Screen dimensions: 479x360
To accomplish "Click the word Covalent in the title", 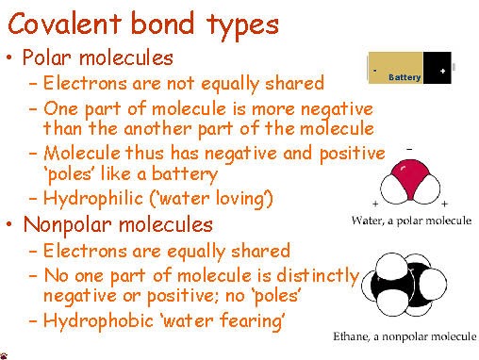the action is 65,24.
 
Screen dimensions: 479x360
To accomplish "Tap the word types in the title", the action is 242,26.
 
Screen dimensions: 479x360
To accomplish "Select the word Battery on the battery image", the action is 405,77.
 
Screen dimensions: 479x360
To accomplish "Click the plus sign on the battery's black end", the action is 442,71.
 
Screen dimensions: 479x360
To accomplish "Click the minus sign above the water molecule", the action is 409,149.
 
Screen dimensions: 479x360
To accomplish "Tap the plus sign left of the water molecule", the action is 375,204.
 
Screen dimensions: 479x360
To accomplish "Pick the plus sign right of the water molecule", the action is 444,204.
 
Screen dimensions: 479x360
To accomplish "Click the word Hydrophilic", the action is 93,199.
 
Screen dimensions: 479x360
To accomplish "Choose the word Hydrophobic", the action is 98,320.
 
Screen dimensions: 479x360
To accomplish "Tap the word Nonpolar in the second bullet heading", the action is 67,225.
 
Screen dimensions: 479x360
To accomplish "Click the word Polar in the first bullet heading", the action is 47,57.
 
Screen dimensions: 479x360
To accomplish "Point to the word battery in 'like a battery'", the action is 185,174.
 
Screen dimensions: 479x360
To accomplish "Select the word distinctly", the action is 318,276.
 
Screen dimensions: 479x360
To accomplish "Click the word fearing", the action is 252,321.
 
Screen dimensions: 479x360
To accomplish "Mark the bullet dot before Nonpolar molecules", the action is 9,224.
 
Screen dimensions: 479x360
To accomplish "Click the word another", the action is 157,129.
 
